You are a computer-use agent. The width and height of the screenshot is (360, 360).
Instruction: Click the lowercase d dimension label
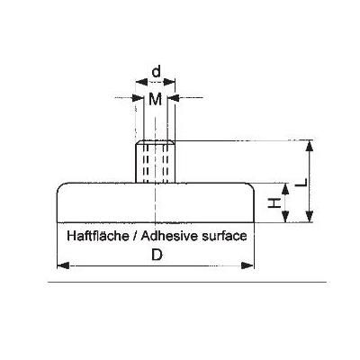[157, 72]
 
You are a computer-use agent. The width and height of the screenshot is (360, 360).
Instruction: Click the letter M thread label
[156, 99]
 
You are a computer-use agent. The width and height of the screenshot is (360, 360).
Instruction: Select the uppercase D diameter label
[157, 256]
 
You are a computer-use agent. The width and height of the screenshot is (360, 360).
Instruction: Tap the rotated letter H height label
[274, 202]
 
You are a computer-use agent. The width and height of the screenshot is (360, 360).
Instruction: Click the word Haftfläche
[98, 236]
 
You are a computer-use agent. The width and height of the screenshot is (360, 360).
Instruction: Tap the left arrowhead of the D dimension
[63, 265]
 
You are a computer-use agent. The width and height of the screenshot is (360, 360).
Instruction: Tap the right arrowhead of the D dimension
[247, 265]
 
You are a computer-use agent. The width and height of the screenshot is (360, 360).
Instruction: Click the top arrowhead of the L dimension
[310, 146]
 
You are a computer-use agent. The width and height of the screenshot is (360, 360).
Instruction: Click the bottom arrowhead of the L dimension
[310, 216]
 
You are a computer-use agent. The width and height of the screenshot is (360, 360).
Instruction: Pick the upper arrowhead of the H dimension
[285, 189]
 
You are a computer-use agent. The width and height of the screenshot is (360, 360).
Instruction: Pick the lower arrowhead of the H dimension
[285, 216]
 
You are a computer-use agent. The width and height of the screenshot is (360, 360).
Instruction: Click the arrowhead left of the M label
[139, 97]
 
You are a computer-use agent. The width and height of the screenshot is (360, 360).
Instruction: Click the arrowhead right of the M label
[173, 97]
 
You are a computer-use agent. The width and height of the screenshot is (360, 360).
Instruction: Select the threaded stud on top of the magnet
[155, 162]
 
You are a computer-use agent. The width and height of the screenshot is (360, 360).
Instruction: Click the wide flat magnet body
[156, 202]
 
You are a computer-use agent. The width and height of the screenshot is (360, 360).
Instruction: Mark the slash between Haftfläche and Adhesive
[135, 236]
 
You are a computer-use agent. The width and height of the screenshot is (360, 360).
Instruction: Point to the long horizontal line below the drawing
[187, 282]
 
